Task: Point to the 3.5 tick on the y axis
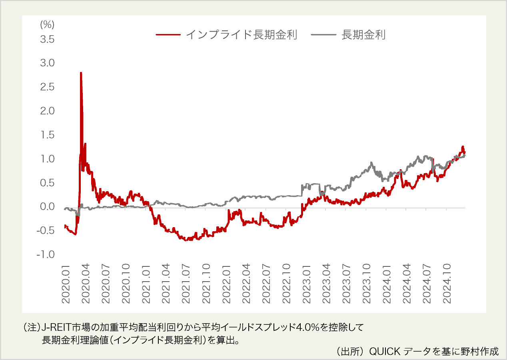46,39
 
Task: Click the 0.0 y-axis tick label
46,207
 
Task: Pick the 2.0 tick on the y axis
46,111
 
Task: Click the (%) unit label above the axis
47,24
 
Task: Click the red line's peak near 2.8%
81,73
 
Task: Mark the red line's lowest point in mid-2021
186,240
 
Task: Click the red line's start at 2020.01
65,226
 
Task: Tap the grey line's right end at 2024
465,156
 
